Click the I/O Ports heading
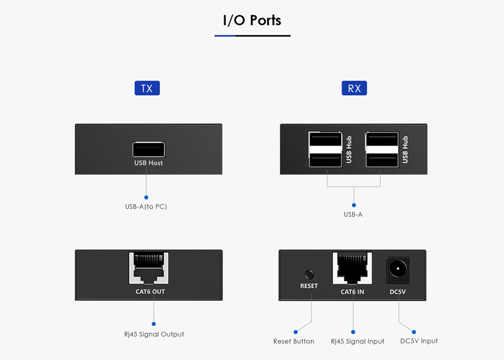click(x=252, y=20)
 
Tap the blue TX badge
click(x=147, y=88)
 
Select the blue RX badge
click(x=355, y=88)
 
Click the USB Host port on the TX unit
click(x=149, y=149)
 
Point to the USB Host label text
click(x=149, y=163)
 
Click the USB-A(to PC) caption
click(x=146, y=207)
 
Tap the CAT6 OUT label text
click(x=150, y=292)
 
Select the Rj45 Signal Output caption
click(x=154, y=334)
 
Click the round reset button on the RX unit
click(x=309, y=274)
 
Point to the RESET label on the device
click(x=309, y=286)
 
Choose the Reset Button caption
click(x=294, y=342)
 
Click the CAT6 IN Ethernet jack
click(x=353, y=270)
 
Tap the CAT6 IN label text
click(x=353, y=292)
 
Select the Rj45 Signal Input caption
click(x=357, y=342)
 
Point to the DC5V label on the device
click(x=398, y=292)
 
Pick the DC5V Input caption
click(x=419, y=341)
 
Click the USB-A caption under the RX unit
click(x=353, y=215)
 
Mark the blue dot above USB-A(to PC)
click(x=146, y=197)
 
